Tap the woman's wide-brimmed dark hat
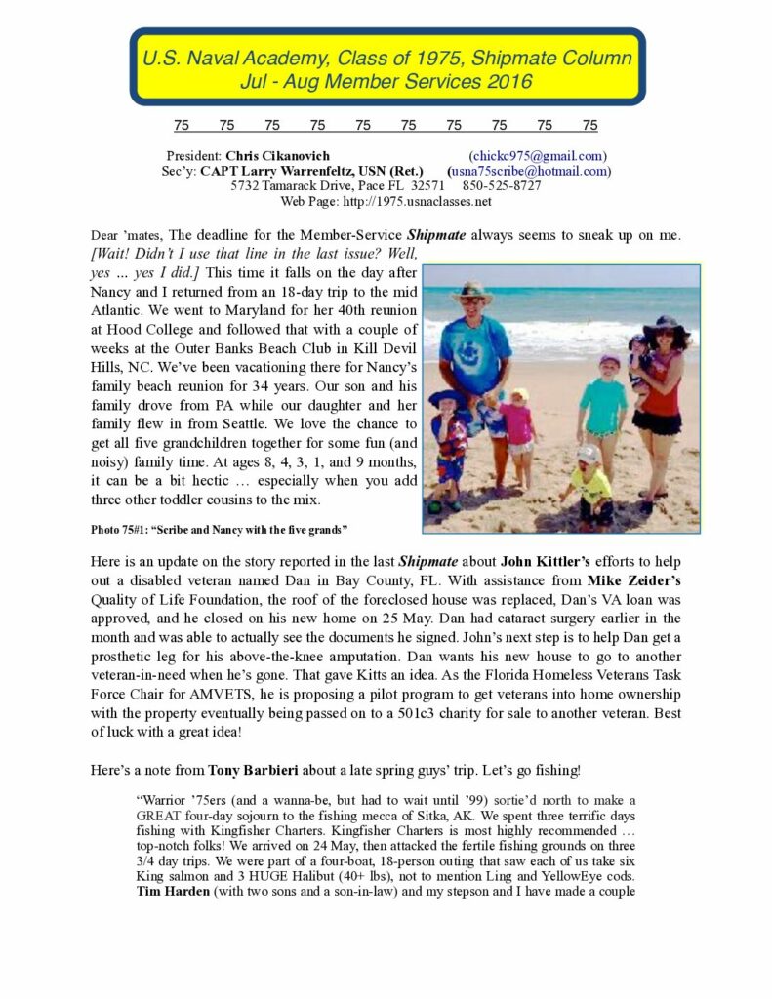coord(668,326)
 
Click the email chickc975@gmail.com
coord(538,156)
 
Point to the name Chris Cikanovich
coord(277,156)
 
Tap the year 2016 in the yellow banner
coord(506,82)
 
